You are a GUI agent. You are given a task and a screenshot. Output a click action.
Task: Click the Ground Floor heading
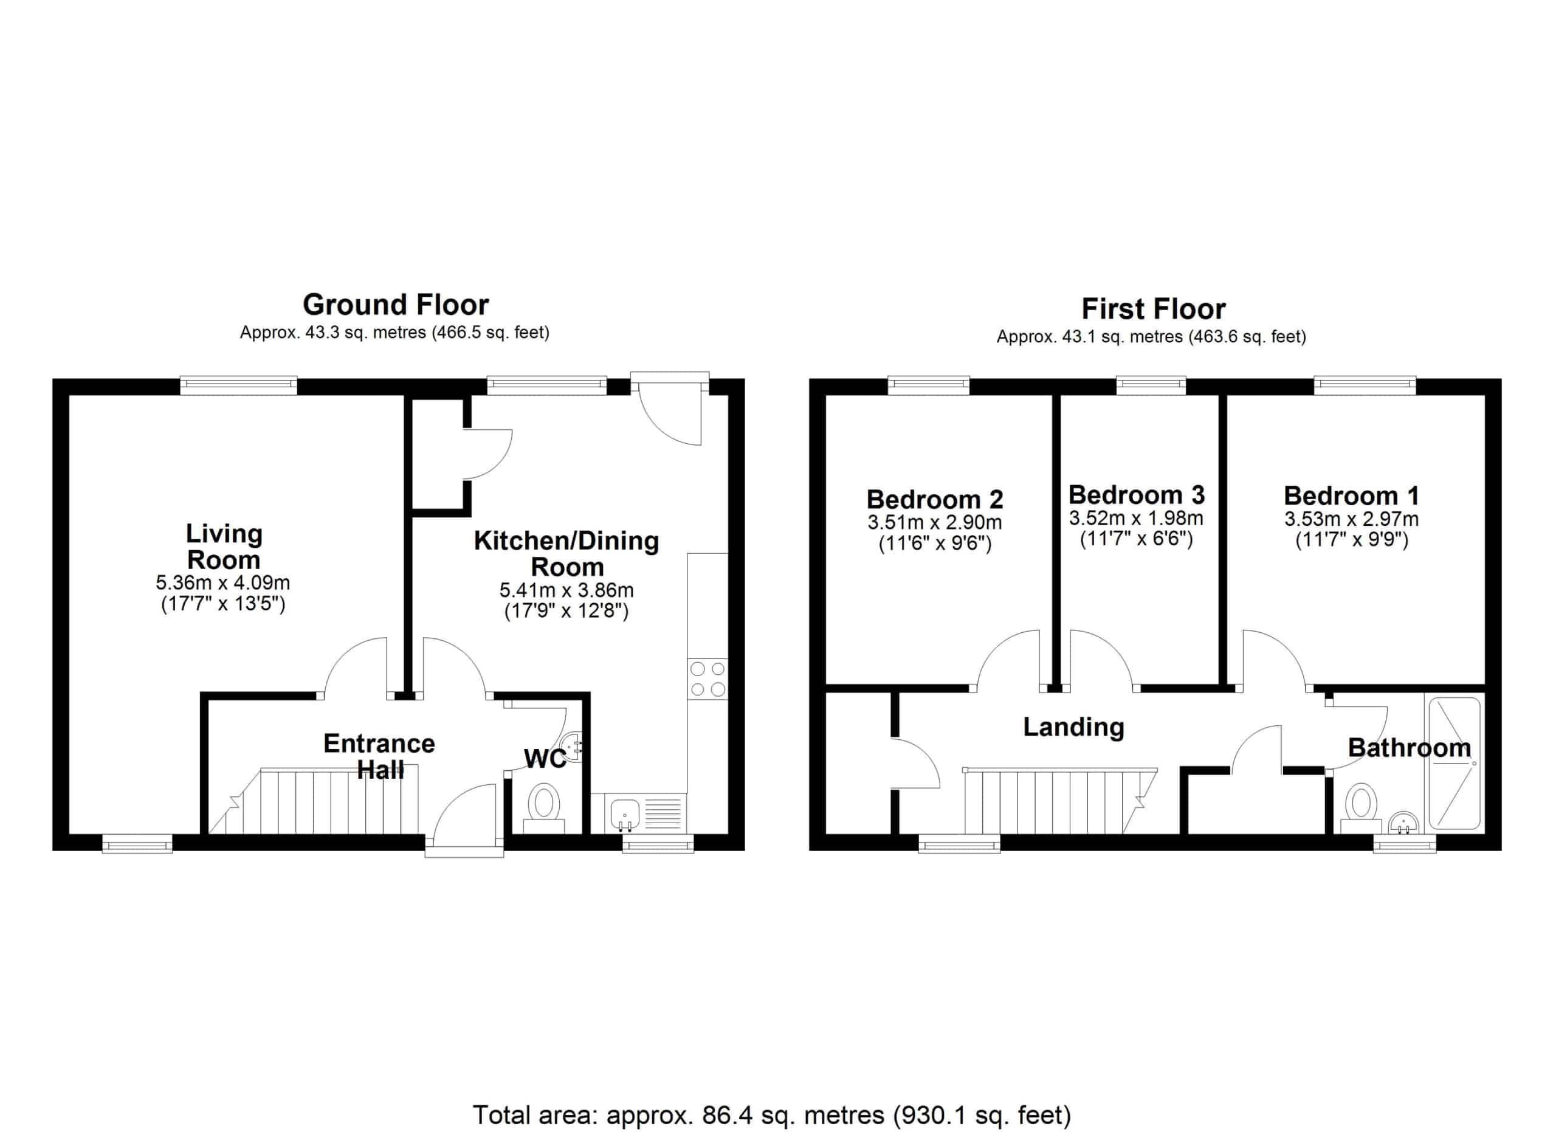point(396,305)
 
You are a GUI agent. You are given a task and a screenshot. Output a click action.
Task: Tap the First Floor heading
point(1153,309)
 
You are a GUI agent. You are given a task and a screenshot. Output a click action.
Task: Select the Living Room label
point(224,547)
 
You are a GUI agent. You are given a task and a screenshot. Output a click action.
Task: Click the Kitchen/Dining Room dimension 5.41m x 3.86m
point(566,590)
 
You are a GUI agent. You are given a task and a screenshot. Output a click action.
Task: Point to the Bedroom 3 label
point(1137,495)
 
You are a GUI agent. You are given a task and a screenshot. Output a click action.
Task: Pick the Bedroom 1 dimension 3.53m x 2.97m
point(1352,519)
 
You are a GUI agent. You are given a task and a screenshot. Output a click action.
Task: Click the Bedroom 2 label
point(935,499)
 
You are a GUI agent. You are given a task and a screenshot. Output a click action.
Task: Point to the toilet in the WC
point(543,809)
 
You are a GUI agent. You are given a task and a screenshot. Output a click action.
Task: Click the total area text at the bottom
point(772,1115)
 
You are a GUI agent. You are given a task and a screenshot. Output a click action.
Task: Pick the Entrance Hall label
point(379,757)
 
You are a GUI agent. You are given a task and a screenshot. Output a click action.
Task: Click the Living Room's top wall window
point(239,385)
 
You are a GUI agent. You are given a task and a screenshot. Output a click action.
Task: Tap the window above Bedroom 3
point(1151,385)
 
